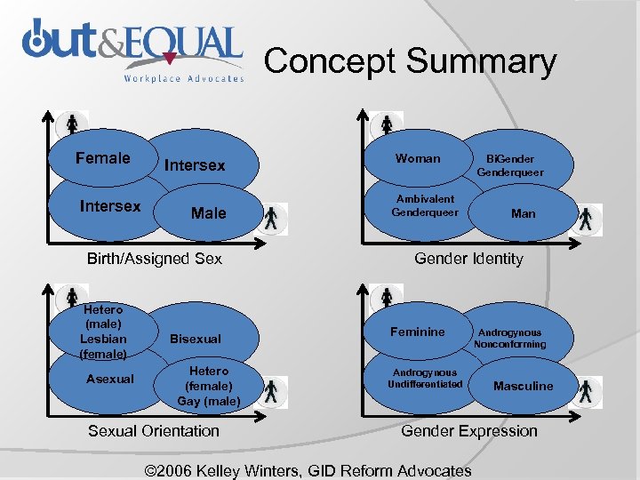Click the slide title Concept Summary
click(410, 61)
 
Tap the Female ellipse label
click(102, 158)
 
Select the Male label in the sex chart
click(208, 213)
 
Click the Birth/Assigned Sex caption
click(154, 259)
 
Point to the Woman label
click(418, 158)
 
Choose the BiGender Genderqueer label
click(510, 165)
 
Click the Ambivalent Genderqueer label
click(425, 206)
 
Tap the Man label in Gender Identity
click(523, 213)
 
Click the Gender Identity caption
click(468, 259)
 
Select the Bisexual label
click(195, 339)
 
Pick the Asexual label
click(110, 379)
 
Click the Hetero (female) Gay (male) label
click(209, 386)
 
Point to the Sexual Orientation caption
click(153, 431)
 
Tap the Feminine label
click(418, 332)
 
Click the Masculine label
click(523, 386)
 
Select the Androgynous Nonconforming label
click(510, 338)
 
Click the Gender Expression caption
click(469, 431)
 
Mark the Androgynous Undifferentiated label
click(425, 379)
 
